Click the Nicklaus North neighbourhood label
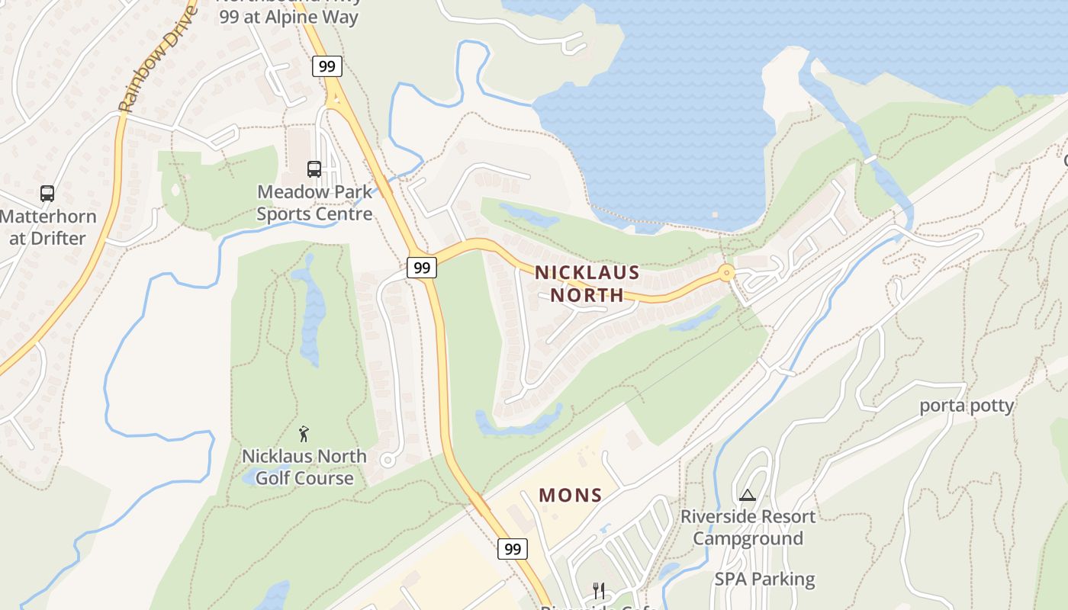click(x=587, y=283)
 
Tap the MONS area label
click(x=571, y=495)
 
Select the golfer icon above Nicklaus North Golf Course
click(x=304, y=434)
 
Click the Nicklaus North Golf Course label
click(x=304, y=467)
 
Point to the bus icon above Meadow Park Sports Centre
click(x=314, y=169)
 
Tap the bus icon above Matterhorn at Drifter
click(x=47, y=194)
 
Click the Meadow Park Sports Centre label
click(x=314, y=202)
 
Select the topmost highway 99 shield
click(x=327, y=66)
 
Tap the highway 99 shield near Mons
click(x=513, y=548)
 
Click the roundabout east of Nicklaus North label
click(x=725, y=272)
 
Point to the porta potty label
click(x=967, y=405)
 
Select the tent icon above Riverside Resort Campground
click(x=747, y=495)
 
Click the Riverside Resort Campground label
click(x=748, y=527)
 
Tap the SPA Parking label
click(x=764, y=579)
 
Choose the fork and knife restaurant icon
click(x=599, y=590)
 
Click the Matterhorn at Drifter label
click(x=47, y=226)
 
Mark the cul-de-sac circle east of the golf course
click(x=388, y=460)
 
